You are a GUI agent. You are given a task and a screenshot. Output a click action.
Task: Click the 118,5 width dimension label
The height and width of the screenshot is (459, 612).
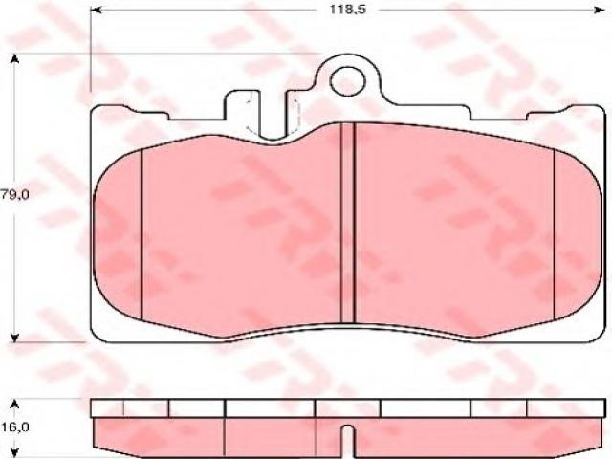click(348, 10)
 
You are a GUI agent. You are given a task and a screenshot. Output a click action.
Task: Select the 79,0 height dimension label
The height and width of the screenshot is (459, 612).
click(15, 195)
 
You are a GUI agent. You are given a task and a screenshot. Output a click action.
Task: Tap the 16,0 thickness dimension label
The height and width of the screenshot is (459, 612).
click(15, 427)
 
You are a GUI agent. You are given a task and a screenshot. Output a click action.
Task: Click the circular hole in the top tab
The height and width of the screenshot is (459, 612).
click(348, 81)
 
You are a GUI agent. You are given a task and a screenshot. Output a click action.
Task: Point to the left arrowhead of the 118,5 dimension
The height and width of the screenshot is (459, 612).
click(96, 10)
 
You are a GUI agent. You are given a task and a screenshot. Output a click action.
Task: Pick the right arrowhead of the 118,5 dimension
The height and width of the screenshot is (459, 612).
click(600, 10)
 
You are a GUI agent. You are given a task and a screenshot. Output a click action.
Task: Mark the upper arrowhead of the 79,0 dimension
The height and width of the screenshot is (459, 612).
click(15, 59)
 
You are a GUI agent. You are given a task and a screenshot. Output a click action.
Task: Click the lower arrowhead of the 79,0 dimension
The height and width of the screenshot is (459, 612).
click(15, 338)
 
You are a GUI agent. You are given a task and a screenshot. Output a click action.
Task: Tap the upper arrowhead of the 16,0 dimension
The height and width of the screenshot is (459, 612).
click(15, 404)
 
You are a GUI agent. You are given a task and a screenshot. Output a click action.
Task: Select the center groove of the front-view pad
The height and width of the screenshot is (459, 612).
click(347, 223)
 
